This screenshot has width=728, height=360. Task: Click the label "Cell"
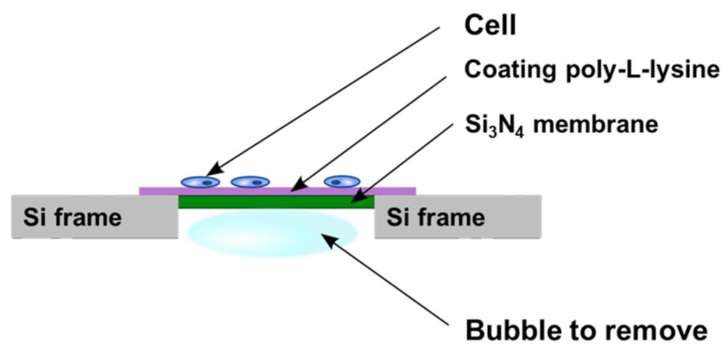[x=490, y=25]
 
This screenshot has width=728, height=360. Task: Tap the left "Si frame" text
[x=72, y=217]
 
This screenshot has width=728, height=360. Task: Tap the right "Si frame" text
[x=436, y=217]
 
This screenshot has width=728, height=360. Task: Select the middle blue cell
[x=251, y=182]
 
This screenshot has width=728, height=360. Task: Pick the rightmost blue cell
[x=342, y=181]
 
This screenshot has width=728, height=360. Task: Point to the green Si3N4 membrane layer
[x=276, y=202]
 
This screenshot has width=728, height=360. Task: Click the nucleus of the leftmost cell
[x=207, y=182]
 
